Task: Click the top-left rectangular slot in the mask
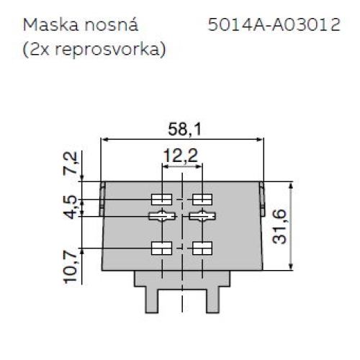[x=161, y=198]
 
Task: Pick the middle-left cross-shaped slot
[x=161, y=216]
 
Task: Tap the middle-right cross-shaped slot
[x=203, y=216]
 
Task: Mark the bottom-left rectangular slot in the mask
[x=161, y=248]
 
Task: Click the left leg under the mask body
[x=152, y=299]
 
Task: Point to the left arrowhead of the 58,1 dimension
[x=105, y=139]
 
